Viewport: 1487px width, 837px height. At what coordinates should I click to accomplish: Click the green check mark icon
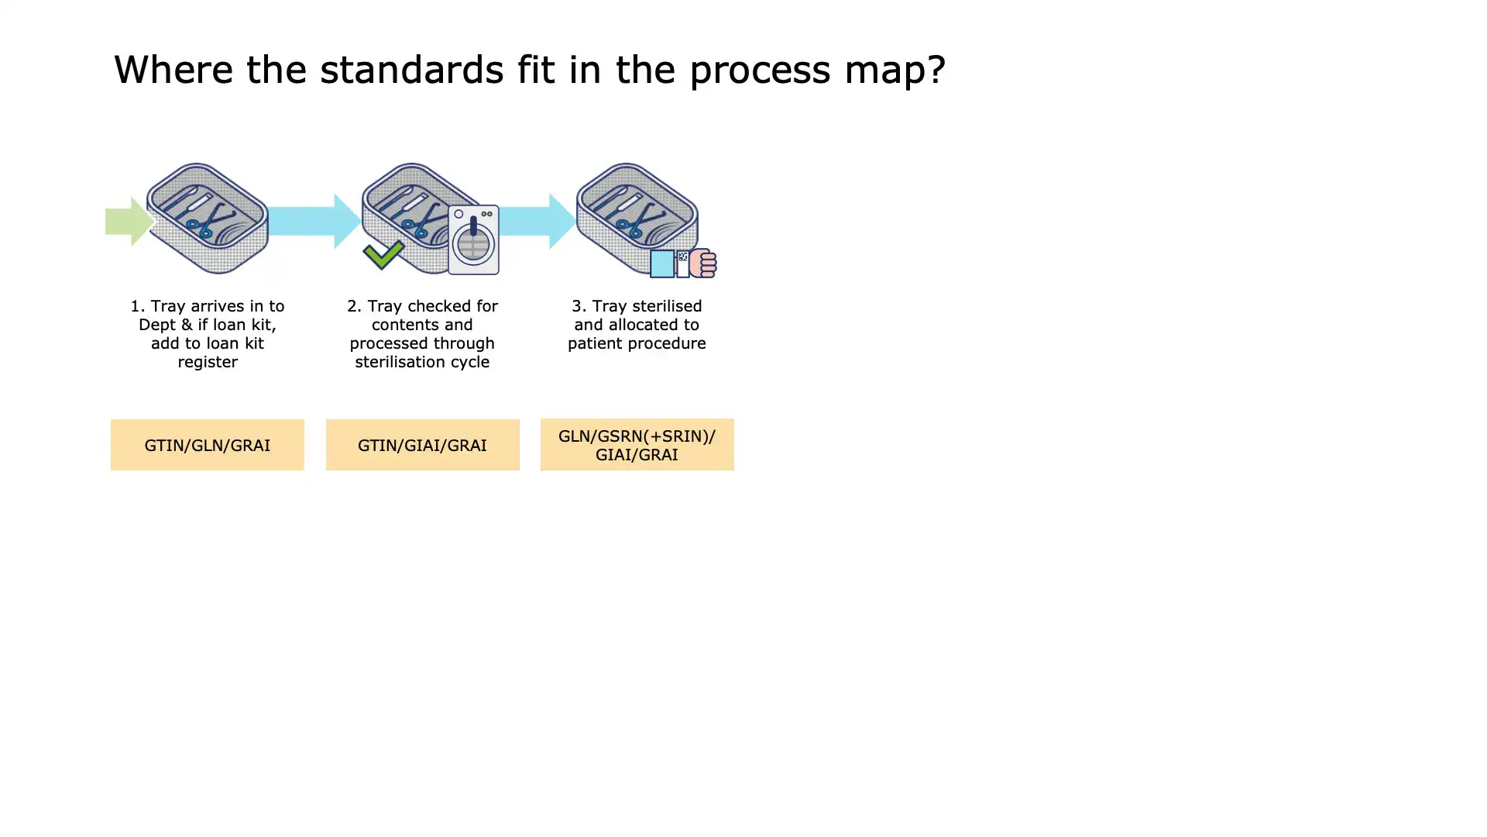pyautogui.click(x=383, y=254)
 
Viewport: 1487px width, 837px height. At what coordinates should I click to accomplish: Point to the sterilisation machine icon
pyautogui.click(x=473, y=239)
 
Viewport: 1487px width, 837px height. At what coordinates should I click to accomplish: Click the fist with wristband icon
pyautogui.click(x=702, y=263)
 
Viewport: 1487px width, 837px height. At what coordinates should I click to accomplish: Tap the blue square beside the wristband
pyautogui.click(x=661, y=263)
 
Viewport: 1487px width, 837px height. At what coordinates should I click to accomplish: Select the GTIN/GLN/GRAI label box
pyautogui.click(x=207, y=445)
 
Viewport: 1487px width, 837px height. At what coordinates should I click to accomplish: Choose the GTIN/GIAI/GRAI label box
pyautogui.click(x=422, y=445)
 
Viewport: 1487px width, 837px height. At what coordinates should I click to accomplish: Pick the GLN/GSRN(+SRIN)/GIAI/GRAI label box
pyautogui.click(x=637, y=445)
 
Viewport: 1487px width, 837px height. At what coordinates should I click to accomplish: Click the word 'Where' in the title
pyautogui.click(x=173, y=70)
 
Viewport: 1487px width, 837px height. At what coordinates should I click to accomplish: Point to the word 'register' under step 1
pyautogui.click(x=208, y=362)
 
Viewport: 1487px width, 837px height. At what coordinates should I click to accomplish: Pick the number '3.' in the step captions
pyautogui.click(x=579, y=306)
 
